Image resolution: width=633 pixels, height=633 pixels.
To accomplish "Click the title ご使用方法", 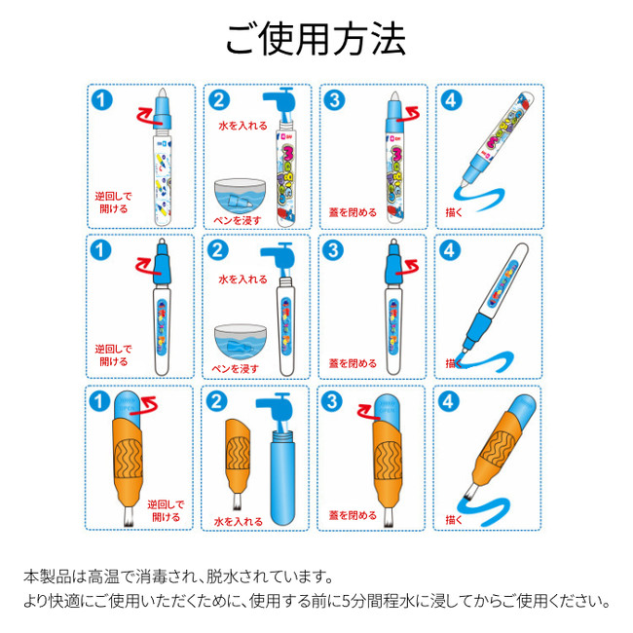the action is pos(316,39).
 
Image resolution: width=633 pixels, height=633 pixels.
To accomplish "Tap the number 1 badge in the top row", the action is pos(101,100).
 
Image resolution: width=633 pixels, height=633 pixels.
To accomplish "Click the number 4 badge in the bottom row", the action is pos(449,401).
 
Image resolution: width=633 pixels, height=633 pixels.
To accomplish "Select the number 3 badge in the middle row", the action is pos(333,250).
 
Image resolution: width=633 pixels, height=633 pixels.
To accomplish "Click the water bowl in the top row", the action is pos(240,196).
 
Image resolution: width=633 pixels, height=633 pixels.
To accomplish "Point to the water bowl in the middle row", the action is pos(241,342).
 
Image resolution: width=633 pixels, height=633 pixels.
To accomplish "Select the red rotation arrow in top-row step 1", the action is pos(147,116).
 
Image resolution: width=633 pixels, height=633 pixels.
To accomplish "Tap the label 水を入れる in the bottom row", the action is pos(239,522).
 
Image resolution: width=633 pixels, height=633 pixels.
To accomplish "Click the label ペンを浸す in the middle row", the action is pos(236,368).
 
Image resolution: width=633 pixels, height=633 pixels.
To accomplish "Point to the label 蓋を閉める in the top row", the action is pos(353,212).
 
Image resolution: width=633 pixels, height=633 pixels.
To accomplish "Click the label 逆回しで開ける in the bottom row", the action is pos(166,510).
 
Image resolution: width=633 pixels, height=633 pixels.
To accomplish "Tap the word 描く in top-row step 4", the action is pos(454,212).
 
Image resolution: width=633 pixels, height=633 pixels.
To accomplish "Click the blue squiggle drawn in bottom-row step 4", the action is pos(483,510).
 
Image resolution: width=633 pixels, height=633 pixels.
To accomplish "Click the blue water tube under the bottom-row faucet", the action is pos(282,477).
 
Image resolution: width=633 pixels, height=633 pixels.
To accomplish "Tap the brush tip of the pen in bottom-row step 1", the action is pos(129,517).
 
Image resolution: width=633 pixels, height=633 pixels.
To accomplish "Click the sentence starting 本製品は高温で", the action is pos(178,577).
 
